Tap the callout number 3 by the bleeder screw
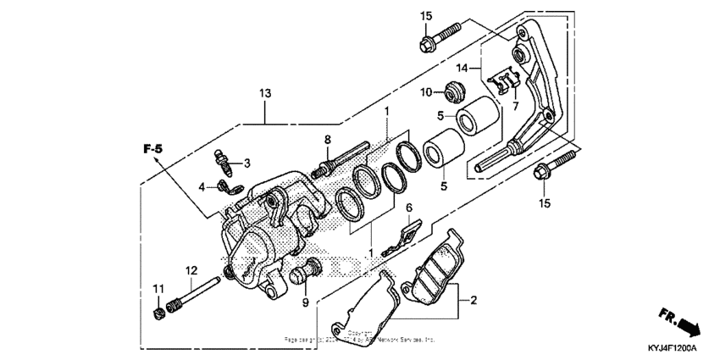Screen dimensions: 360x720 coord(247,163)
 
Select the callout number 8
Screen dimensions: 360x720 coord(326,139)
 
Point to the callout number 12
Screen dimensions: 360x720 coord(191,271)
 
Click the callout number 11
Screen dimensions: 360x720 coord(157,290)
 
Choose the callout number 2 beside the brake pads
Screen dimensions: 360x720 coord(474,299)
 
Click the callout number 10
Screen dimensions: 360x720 coord(428,91)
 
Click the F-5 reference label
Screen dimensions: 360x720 coord(152,150)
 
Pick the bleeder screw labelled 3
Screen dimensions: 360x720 coord(221,158)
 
